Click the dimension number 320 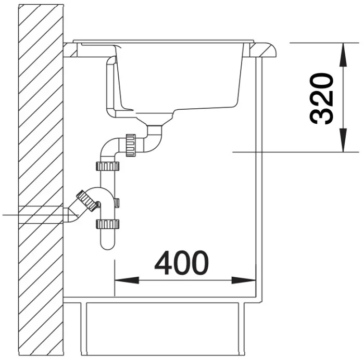[x=321, y=98]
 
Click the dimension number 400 [x=182, y=262]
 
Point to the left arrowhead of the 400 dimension [x=127, y=280]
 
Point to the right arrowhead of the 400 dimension [x=244, y=280]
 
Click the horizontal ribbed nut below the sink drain [x=131, y=145]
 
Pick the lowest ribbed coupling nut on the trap [x=107, y=224]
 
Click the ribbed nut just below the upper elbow [x=107, y=166]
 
